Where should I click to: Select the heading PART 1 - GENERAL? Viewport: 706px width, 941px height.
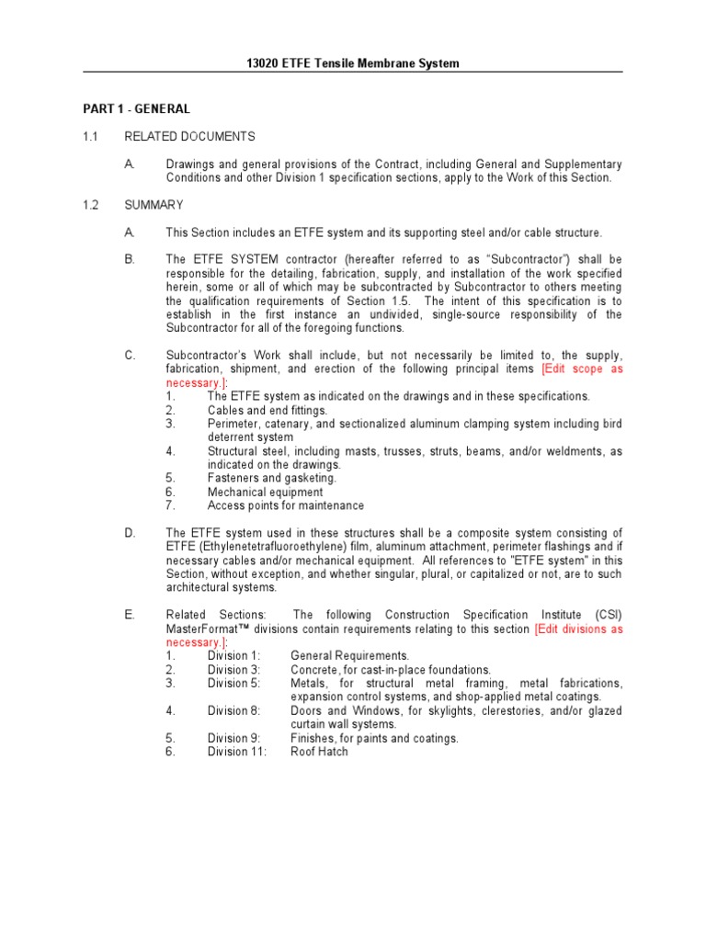pyautogui.click(x=137, y=109)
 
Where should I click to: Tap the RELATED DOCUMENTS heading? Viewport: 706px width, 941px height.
pyautogui.click(x=189, y=137)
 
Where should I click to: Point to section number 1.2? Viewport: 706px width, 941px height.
pyautogui.click(x=91, y=205)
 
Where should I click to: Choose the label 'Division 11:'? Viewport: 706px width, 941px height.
pyautogui.click(x=237, y=752)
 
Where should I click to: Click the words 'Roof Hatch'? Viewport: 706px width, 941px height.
pyautogui.click(x=319, y=752)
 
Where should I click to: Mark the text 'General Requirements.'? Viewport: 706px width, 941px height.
pyautogui.click(x=349, y=656)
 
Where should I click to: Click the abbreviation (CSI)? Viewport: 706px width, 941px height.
pyautogui.click(x=607, y=615)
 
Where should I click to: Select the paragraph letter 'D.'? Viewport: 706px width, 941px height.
pyautogui.click(x=130, y=533)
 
